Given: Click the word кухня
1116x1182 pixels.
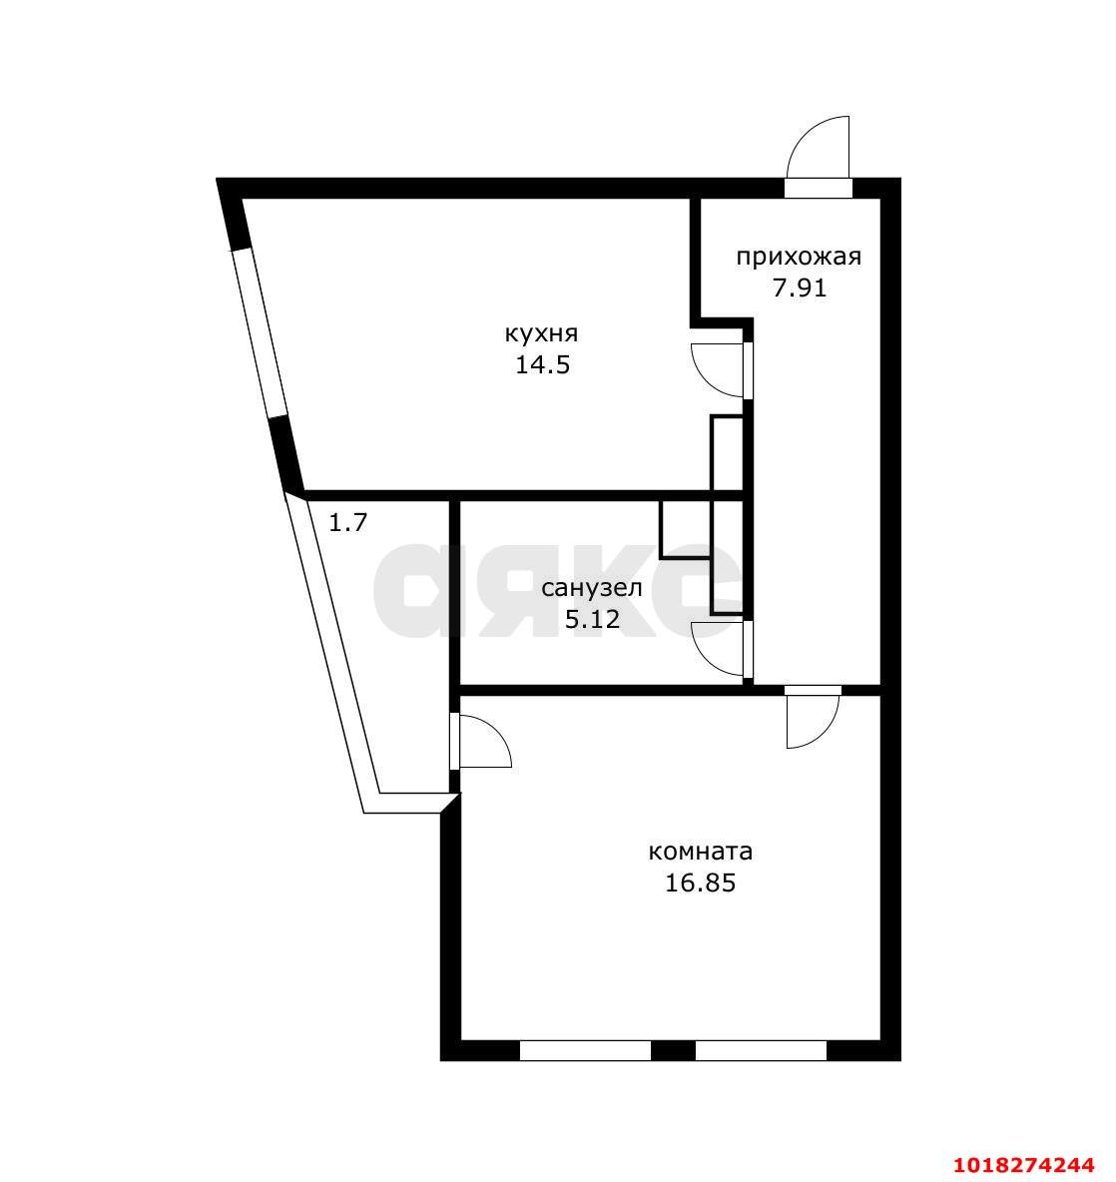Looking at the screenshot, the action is [541, 333].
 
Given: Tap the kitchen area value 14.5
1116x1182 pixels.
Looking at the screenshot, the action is [543, 364].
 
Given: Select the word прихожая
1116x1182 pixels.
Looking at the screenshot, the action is [799, 258].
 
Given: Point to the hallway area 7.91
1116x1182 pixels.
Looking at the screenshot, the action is [800, 288].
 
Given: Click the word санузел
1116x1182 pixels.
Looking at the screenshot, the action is [592, 587].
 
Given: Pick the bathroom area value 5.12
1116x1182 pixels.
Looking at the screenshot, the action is [592, 619].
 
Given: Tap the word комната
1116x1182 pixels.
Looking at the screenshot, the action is [700, 852].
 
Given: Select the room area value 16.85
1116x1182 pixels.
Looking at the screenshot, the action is [700, 883].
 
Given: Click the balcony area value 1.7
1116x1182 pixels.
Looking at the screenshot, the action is [348, 522].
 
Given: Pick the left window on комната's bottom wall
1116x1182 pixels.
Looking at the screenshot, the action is [586, 1051].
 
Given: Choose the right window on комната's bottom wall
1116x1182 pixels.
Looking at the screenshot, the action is [761, 1051].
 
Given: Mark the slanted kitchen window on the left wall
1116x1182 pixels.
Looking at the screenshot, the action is [260, 332].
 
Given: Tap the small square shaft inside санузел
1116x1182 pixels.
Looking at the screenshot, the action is [685, 530].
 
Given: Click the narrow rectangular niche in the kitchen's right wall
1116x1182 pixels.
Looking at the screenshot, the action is [727, 454].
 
